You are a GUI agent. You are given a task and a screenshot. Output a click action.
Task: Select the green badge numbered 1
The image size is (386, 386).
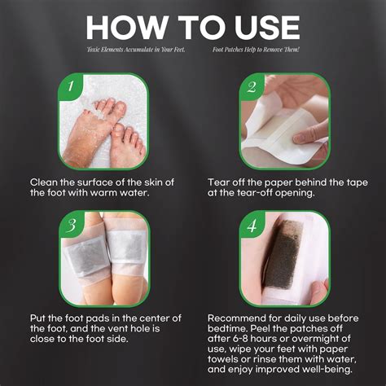point(71,85)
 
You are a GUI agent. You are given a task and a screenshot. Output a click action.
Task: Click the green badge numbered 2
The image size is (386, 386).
point(251,85)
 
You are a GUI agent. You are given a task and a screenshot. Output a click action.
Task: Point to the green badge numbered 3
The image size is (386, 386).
point(71,225)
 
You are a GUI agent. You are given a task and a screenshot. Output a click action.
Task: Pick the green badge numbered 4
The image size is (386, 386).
point(251,225)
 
